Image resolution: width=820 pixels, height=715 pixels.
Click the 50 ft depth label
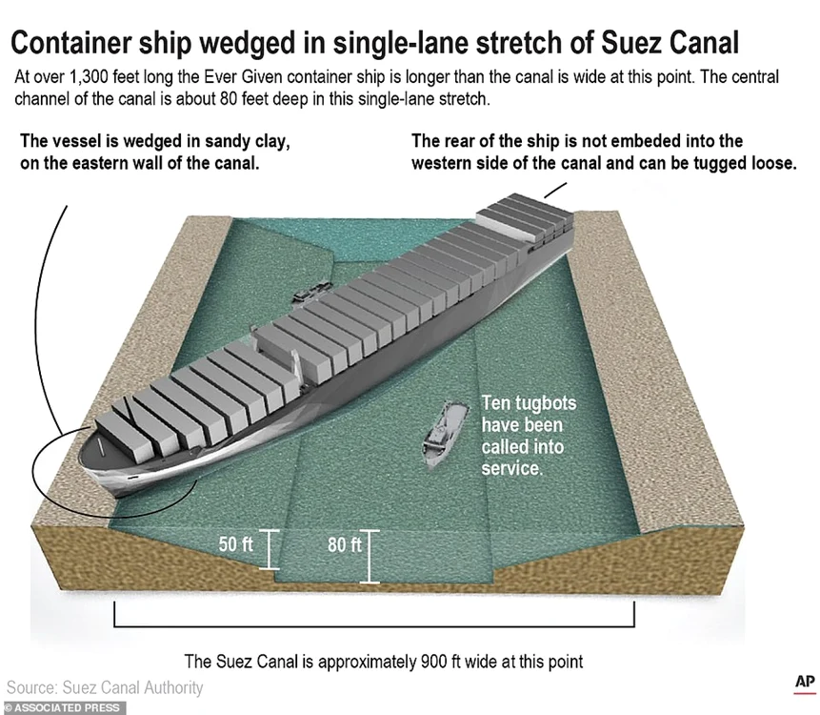click(235, 544)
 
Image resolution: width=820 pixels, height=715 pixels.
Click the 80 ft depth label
click(345, 545)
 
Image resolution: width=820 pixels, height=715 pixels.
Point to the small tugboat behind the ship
click(312, 292)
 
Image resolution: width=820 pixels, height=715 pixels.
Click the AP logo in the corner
click(805, 683)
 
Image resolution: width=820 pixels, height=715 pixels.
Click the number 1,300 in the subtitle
click(89, 77)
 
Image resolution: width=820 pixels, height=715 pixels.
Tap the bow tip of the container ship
click(79, 455)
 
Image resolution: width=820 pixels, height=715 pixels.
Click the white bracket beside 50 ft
click(269, 550)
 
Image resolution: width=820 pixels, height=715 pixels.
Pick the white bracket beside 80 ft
click(370, 557)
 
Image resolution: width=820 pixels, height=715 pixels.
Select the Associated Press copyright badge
click(63, 708)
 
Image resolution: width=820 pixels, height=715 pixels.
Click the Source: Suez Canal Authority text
click(105, 687)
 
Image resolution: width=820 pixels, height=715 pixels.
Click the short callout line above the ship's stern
click(555, 190)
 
